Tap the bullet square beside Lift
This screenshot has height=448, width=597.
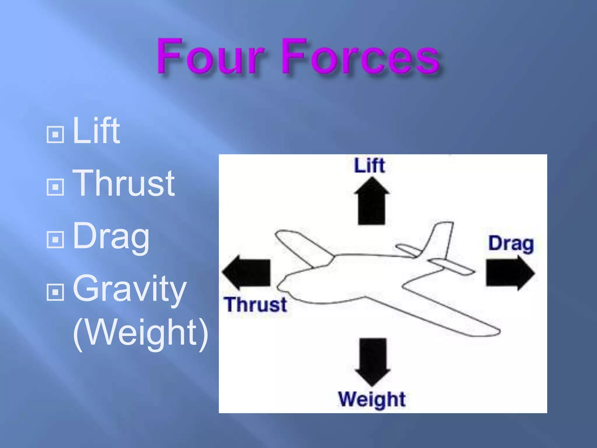55,135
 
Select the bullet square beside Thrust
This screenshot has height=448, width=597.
55,187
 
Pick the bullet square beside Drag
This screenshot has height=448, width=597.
55,239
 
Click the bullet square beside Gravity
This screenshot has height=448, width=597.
55,292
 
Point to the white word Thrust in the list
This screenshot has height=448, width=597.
124,183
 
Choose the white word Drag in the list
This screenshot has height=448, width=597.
111,237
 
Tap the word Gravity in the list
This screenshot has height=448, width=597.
129,289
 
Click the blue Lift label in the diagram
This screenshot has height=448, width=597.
370,166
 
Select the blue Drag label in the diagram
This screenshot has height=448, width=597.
511,244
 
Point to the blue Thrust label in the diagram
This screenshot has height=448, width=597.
255,305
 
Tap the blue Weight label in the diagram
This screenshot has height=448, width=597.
372,399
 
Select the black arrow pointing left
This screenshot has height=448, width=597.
247,272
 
